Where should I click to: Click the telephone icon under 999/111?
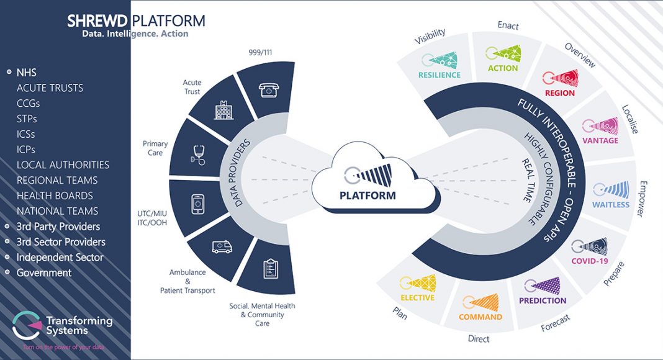[269, 89]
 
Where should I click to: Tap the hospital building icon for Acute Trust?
[223, 110]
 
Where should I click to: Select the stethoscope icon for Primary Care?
[198, 155]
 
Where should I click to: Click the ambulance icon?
[222, 247]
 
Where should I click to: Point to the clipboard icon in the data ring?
[271, 268]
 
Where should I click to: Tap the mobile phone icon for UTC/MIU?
[197, 204]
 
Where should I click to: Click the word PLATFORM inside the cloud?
[368, 196]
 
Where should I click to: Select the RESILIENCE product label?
[440, 75]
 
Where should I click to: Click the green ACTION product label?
[503, 68]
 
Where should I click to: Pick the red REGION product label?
[560, 93]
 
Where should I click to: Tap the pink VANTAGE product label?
[600, 141]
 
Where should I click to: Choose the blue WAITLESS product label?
[611, 205]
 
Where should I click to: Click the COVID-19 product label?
[589, 261]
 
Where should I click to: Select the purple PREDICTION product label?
[543, 301]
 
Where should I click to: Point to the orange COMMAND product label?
[480, 317]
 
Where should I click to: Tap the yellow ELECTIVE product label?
[417, 298]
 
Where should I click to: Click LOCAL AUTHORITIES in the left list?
[63, 164]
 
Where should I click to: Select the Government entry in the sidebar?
[44, 272]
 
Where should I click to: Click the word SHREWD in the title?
[97, 20]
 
